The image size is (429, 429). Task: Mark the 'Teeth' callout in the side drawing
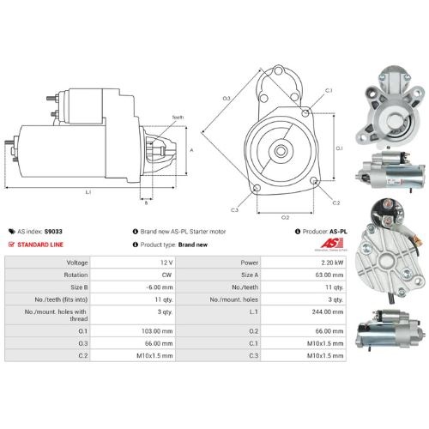pyautogui.click(x=178, y=117)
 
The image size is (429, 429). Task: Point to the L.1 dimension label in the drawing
pyautogui.click(x=88, y=192)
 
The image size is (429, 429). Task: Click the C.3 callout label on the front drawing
pyautogui.click(x=234, y=209)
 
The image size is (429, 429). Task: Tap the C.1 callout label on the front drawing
pyautogui.click(x=329, y=90)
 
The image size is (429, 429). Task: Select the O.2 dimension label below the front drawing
pyautogui.click(x=285, y=218)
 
